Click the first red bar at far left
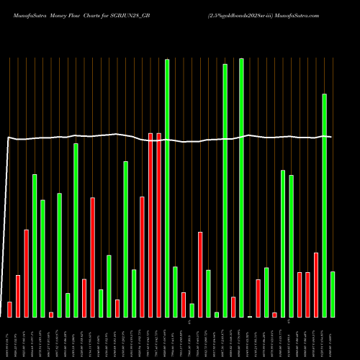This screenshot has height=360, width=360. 9,309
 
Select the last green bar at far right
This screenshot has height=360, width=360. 333,294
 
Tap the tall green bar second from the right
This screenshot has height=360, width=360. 324,205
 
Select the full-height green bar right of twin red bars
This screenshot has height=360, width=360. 167,188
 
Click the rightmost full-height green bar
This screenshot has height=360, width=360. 241,188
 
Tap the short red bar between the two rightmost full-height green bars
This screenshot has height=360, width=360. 233,307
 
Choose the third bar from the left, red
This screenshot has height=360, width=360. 26,273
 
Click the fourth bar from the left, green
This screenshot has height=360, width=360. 34,246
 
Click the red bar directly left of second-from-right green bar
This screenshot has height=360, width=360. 316,284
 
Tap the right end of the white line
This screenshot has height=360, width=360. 330,137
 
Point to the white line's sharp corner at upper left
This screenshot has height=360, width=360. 9,137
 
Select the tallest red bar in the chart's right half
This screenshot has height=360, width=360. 200,274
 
